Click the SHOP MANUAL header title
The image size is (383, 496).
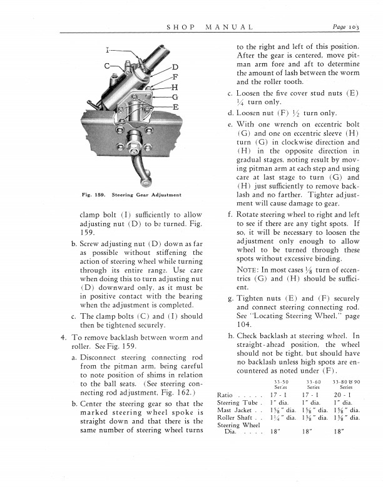210,28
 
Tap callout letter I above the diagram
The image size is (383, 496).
107,49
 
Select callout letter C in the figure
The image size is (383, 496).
107,66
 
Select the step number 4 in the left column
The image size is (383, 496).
63,338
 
